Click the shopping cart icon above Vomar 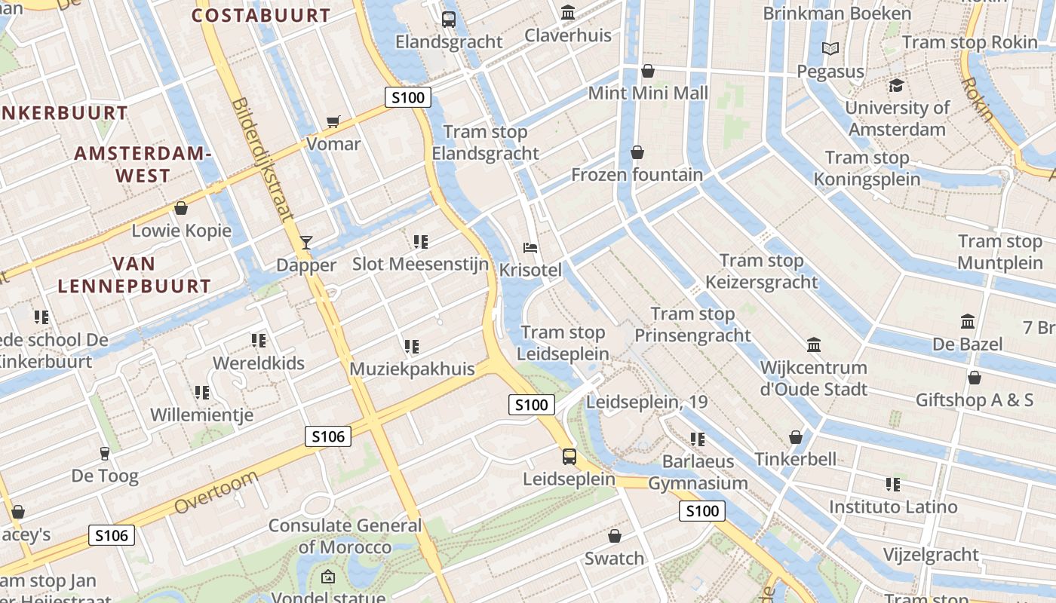point(333,121)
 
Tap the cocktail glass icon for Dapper point(305,242)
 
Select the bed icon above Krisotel point(530,247)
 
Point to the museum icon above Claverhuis point(567,13)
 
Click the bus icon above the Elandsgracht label point(449,19)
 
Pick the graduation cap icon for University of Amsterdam point(896,85)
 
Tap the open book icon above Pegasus point(830,49)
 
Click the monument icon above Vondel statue point(328,577)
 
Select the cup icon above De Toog point(105,453)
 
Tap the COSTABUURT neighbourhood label point(261,15)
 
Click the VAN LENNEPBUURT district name point(134,275)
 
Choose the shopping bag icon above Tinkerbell point(795,437)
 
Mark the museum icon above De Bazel point(968,322)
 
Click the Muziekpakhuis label point(412,369)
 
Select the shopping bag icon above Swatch point(615,536)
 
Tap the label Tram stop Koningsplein point(867,168)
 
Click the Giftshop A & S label point(974,399)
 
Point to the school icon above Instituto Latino point(893,484)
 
